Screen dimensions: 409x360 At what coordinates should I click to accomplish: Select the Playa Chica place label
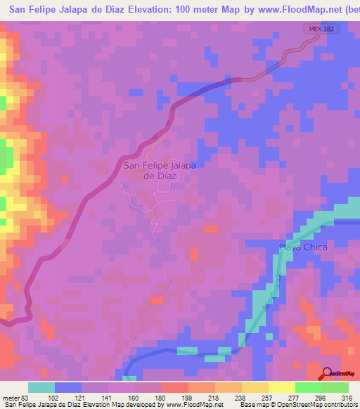tap(303, 247)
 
